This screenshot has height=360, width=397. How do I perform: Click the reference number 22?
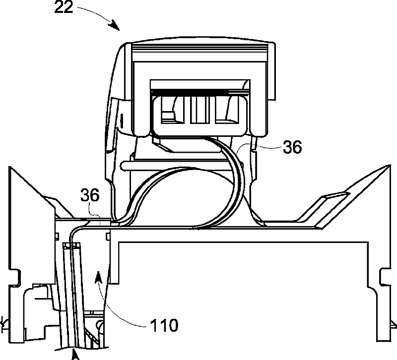pyautogui.click(x=64, y=7)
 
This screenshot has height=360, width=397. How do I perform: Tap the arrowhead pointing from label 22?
pyautogui.click(x=115, y=25)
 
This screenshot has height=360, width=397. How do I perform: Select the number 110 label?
pyautogui.click(x=164, y=325)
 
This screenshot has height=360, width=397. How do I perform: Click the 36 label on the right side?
pyautogui.click(x=292, y=147)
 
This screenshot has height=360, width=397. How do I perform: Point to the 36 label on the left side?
pyautogui.click(x=90, y=195)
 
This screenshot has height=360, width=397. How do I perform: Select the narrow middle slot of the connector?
pyautogui.click(x=199, y=110)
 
